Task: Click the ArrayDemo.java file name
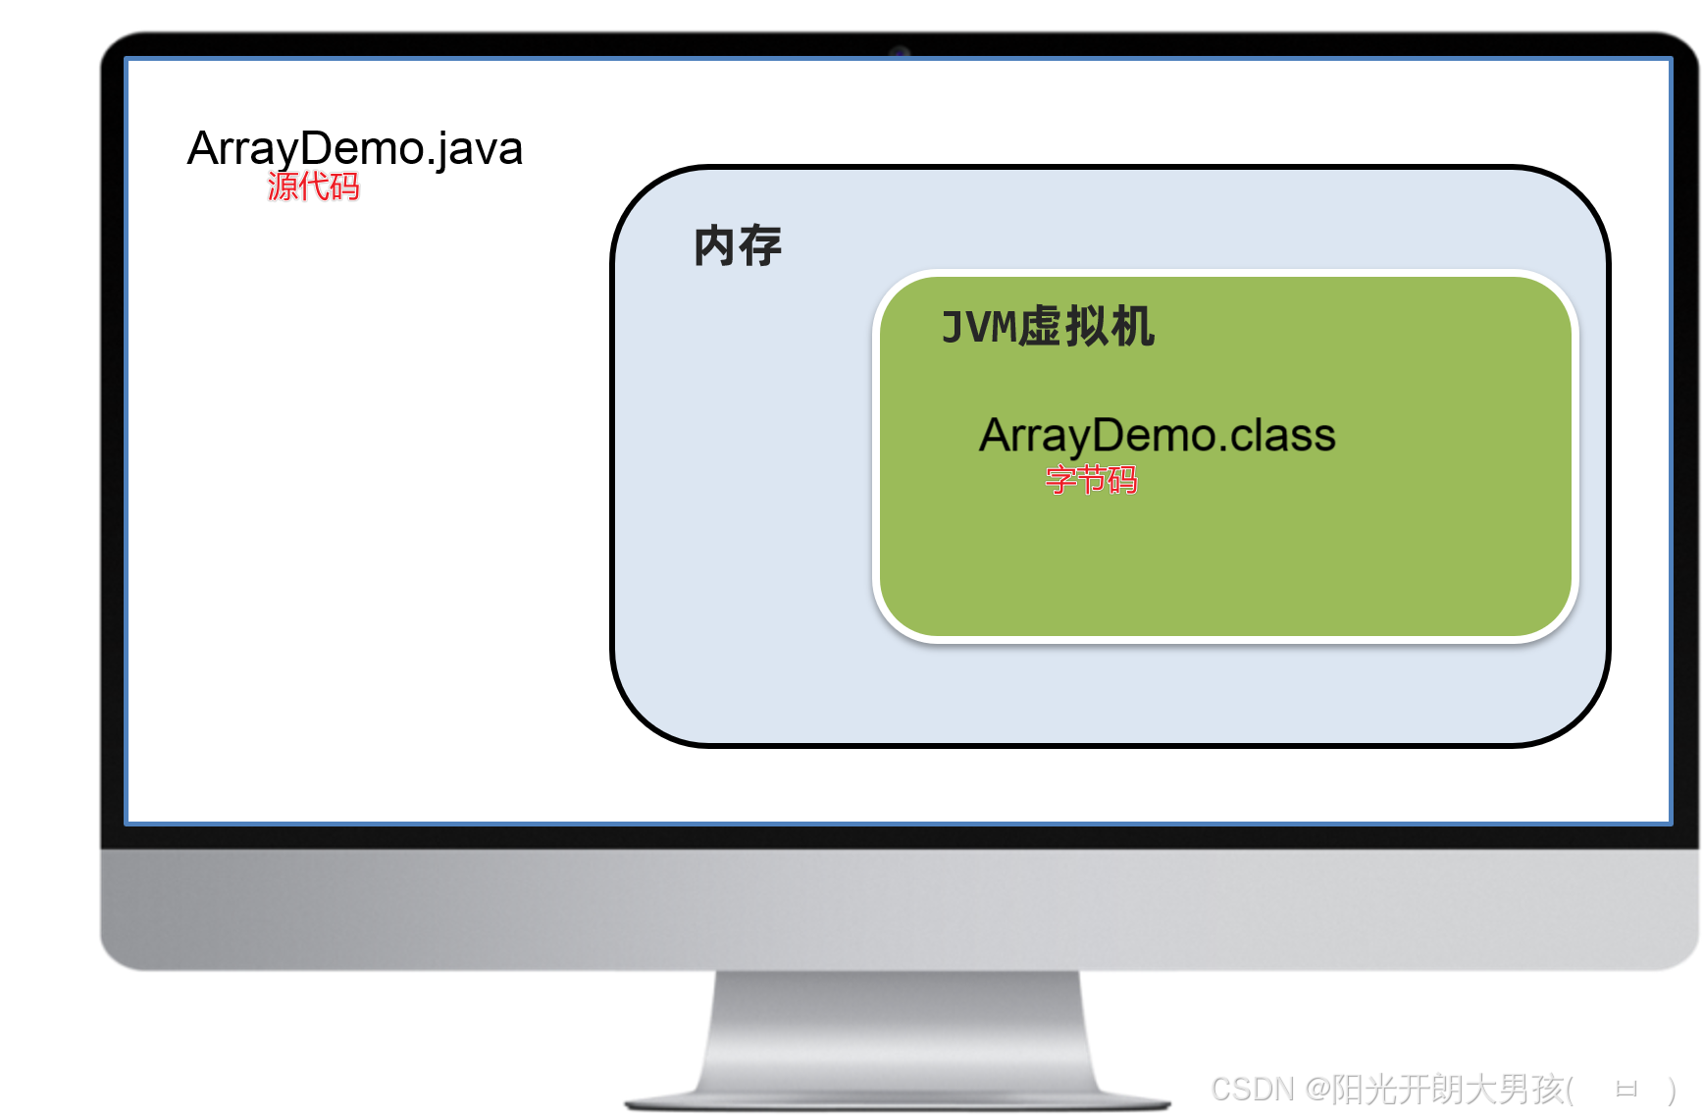354,149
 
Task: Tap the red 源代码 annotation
313,186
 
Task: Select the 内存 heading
738,245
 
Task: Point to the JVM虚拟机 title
1048,327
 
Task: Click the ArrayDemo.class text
1157,435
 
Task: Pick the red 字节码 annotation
1091,480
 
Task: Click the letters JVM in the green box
979,327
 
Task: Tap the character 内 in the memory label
714,245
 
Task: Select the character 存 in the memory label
761,245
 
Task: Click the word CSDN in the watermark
1253,1090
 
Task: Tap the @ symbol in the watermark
1317,1090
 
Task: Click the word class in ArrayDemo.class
1283,435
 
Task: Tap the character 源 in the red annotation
283,186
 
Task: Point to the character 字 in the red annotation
1060,480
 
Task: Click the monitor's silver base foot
898,1100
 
